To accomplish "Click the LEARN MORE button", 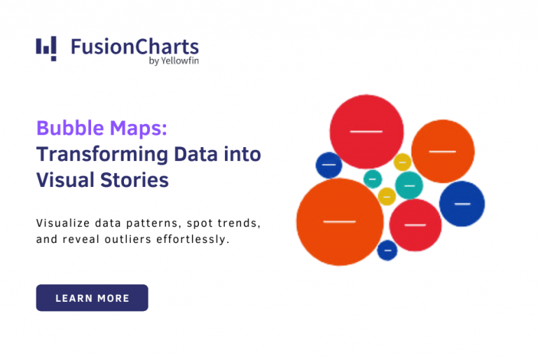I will tap(92, 298).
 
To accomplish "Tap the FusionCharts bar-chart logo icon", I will tap(46, 48).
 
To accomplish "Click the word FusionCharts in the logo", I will tap(134, 47).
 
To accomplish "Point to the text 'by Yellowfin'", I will tap(174, 62).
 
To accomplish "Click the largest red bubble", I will tap(366, 131).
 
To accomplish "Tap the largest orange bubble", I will tap(340, 221).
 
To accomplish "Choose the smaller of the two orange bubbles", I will tap(443, 151).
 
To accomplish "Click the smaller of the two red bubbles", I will tap(415, 225).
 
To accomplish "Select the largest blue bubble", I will tap(462, 204).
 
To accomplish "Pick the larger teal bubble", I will tap(409, 185).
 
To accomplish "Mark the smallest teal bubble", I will tap(373, 179).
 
